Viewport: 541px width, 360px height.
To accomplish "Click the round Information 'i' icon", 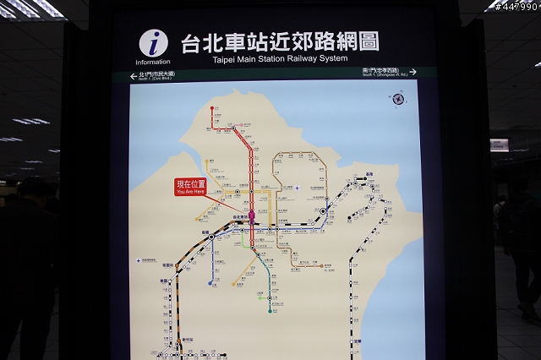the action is click(153, 42).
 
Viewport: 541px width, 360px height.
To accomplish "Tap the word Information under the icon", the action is click(153, 62).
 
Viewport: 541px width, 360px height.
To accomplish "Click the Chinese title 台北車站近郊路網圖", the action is click(280, 41).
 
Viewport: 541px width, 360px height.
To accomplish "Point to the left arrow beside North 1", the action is click(134, 76).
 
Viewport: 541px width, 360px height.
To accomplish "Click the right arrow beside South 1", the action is click(413, 73).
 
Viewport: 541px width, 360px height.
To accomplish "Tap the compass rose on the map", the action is click(398, 99).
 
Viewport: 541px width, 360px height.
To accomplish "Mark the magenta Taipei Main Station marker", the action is click(251, 217).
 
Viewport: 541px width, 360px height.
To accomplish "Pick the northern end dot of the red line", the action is click(213, 109).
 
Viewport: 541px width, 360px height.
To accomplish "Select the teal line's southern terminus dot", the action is click(270, 311).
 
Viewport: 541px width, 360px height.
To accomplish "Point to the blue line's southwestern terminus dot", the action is click(210, 283).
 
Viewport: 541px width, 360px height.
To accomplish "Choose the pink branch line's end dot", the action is click(241, 126).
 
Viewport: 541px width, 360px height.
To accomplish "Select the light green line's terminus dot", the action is click(243, 246).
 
